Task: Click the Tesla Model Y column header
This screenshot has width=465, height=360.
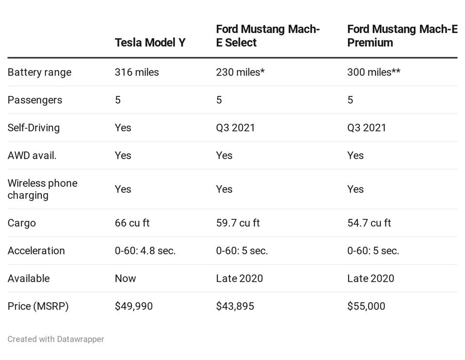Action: point(150,43)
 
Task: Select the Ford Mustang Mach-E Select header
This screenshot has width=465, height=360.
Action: point(267,36)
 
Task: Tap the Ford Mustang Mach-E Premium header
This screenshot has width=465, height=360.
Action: point(401,36)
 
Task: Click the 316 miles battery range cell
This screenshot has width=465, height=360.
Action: point(137,72)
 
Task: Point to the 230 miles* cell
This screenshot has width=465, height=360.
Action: point(240,72)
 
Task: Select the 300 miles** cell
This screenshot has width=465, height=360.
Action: point(373,72)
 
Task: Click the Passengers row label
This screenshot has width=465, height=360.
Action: point(35,100)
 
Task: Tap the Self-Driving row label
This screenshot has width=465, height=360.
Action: point(33,128)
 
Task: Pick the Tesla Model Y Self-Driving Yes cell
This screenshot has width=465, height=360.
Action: point(123,128)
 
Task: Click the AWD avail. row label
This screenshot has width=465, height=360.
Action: point(32,155)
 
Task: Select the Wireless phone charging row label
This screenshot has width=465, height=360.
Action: point(42,189)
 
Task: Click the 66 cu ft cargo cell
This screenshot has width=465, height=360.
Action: point(132,223)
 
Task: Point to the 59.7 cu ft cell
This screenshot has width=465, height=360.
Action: point(238,223)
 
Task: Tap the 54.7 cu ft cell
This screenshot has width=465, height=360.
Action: point(369,223)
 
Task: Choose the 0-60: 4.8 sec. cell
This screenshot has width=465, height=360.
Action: point(145,251)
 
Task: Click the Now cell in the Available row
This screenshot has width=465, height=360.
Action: point(125,278)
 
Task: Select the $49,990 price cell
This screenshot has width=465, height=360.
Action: point(133,306)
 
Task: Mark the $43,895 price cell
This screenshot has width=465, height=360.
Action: point(235,306)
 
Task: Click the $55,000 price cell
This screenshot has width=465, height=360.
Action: point(366,306)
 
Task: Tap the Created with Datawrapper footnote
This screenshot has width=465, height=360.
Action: point(56,339)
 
